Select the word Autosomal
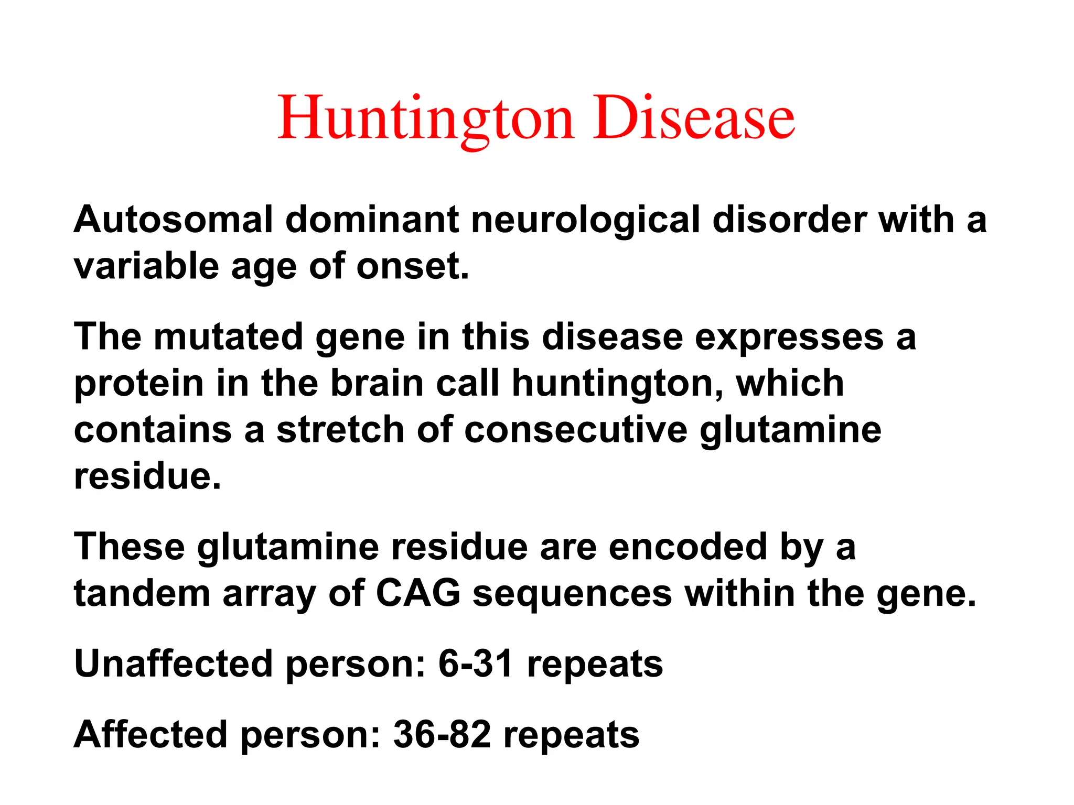pyautogui.click(x=174, y=219)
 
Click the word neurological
pyautogui.click(x=585, y=219)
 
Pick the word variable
pyautogui.click(x=146, y=266)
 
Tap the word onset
pyautogui.click(x=413, y=266)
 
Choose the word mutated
pyautogui.click(x=228, y=336)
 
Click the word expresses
pyautogui.click(x=789, y=336)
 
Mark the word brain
pyautogui.click(x=377, y=383)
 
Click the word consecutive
pyautogui.click(x=576, y=430)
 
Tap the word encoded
pyautogui.click(x=688, y=547)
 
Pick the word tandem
pyautogui.click(x=142, y=594)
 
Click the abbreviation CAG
pyautogui.click(x=418, y=594)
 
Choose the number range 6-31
pyautogui.click(x=476, y=663)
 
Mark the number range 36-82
pyautogui.click(x=442, y=734)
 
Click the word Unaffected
pyautogui.click(x=174, y=663)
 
